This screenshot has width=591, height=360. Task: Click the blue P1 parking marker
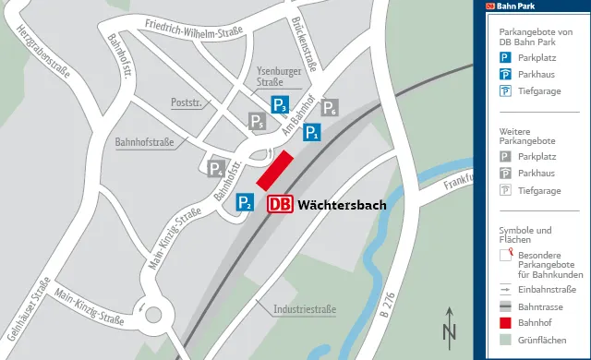(312, 133)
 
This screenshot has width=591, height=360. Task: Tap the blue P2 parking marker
(244, 202)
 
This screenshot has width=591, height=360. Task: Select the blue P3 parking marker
(280, 104)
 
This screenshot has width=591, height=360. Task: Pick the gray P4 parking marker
(215, 168)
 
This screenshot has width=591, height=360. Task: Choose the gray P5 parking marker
(258, 122)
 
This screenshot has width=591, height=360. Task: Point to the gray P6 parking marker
(329, 107)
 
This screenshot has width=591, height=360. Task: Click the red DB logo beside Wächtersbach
(281, 205)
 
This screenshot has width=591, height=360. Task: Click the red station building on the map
(274, 171)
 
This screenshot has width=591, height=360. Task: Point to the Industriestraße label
(304, 308)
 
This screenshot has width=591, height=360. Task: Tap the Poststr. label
(186, 103)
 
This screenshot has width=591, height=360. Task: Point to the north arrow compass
(450, 327)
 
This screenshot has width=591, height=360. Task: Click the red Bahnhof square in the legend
(505, 323)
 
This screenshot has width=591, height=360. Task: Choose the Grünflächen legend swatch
(505, 340)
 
